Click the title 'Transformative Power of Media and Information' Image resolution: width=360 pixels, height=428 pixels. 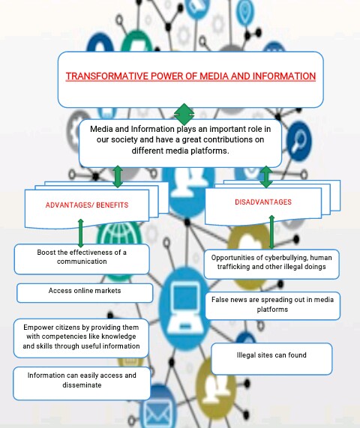pos(190,76)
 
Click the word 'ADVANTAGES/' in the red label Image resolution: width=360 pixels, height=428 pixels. pos(67,205)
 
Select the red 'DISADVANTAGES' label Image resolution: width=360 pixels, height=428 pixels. pos(263,202)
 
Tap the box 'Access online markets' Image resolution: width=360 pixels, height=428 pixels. pos(85,291)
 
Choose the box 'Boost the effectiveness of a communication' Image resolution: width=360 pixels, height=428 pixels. pos(82,257)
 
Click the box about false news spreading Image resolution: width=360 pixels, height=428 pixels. pos(272,304)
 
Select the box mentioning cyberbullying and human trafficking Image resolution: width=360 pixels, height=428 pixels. pos(272,262)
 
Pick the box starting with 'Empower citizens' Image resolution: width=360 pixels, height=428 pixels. pos(82,337)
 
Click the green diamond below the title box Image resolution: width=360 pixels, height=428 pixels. pos(184,115)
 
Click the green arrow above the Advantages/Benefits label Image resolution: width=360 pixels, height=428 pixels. pos(118,177)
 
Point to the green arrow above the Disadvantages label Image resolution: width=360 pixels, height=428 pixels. pos(265,177)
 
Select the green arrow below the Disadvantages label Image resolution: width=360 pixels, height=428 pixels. pos(271,232)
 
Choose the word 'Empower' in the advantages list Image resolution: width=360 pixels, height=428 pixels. pos(38,328)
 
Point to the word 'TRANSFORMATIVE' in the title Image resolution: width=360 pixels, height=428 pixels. pos(101,76)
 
